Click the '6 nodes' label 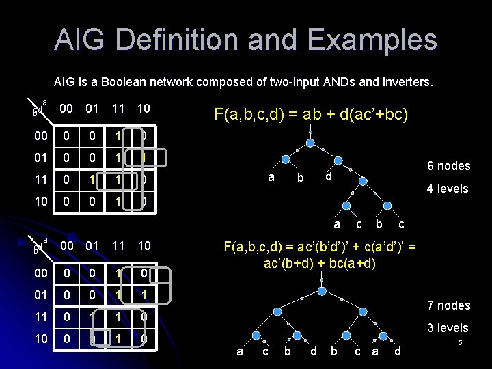(x=448, y=166)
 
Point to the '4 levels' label (x=448, y=188)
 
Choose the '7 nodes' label (x=448, y=305)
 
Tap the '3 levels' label (x=448, y=328)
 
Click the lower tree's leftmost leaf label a (x=238, y=351)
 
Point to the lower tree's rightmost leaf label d (x=398, y=351)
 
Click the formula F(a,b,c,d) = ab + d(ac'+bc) (x=311, y=113)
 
